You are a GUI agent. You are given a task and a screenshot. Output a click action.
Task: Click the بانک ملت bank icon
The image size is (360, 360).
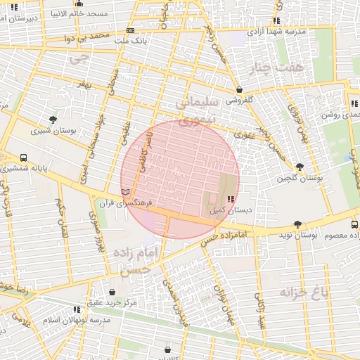tap(130, 30)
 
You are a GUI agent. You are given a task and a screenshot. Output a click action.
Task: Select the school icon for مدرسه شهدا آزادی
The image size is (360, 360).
tap(276, 20)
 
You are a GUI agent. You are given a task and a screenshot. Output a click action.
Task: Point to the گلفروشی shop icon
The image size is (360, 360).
tap(240, 89)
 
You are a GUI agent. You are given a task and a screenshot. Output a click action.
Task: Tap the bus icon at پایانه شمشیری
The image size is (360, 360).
tap(24, 157)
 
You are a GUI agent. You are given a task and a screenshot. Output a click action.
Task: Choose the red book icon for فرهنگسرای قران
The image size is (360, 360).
tap(126, 191)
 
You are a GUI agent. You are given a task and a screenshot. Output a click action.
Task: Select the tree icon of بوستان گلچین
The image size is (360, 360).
tap(300, 167)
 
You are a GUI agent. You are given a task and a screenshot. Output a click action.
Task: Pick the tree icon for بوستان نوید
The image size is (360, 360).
tap(297, 224)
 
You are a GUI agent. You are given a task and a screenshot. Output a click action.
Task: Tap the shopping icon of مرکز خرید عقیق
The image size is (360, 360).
tap(112, 291)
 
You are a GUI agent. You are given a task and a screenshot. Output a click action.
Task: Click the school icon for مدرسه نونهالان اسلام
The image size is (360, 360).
tap(77, 309)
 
